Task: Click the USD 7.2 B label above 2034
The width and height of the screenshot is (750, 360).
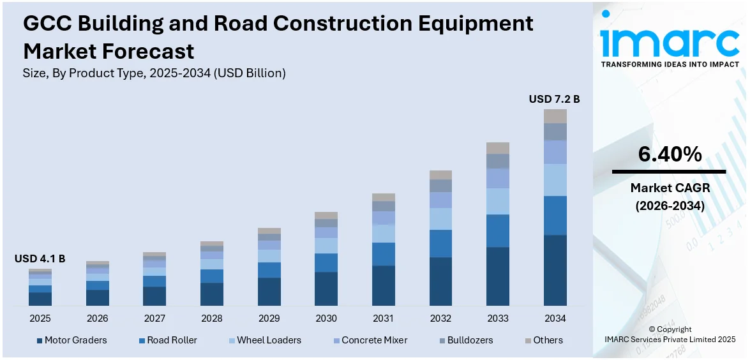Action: tap(554, 99)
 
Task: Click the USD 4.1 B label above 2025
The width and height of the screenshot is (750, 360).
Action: tap(40, 259)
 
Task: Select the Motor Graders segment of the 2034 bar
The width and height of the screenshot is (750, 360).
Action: tap(555, 270)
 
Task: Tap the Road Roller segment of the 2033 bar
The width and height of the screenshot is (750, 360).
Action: tap(497, 230)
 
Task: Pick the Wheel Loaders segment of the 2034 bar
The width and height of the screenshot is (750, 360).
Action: tap(555, 179)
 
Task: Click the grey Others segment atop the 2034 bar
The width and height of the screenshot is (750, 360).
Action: tap(555, 116)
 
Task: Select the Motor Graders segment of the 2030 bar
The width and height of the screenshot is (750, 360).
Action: tap(326, 289)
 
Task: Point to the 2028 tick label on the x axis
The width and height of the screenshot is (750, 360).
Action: tap(212, 318)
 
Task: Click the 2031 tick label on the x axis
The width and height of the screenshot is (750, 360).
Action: tap(383, 318)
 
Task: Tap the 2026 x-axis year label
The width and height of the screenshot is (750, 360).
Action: tap(98, 318)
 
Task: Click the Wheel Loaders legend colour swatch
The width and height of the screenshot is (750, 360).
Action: tap(232, 341)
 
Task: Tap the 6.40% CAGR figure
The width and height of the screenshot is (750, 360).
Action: tap(669, 154)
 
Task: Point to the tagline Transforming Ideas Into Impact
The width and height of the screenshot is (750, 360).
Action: tap(670, 64)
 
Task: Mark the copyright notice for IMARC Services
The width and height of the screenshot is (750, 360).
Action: tap(669, 334)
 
